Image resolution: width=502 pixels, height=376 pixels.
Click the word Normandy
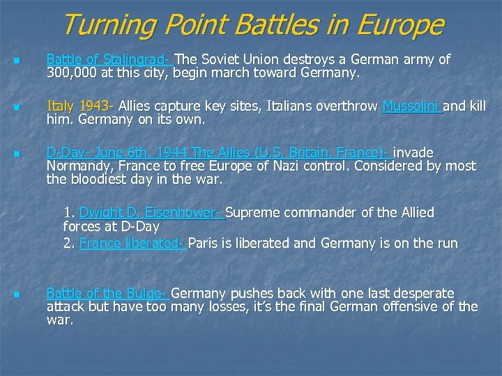point(77,166)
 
